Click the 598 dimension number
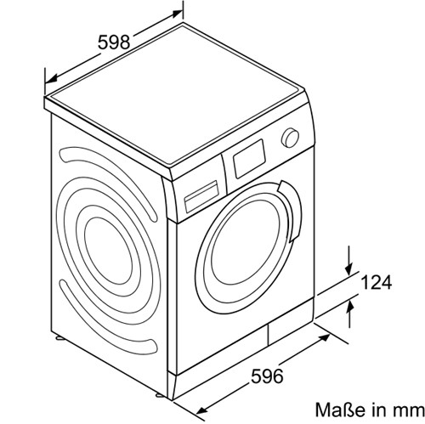tap(114, 42)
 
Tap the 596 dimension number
tap(267, 376)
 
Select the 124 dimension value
tap(377, 282)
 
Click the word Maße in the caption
tap(340, 410)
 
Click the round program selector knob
tap(290, 138)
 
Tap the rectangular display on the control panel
tap(249, 159)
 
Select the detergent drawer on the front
tap(201, 196)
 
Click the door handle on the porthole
tap(291, 211)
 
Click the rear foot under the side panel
tap(60, 337)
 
